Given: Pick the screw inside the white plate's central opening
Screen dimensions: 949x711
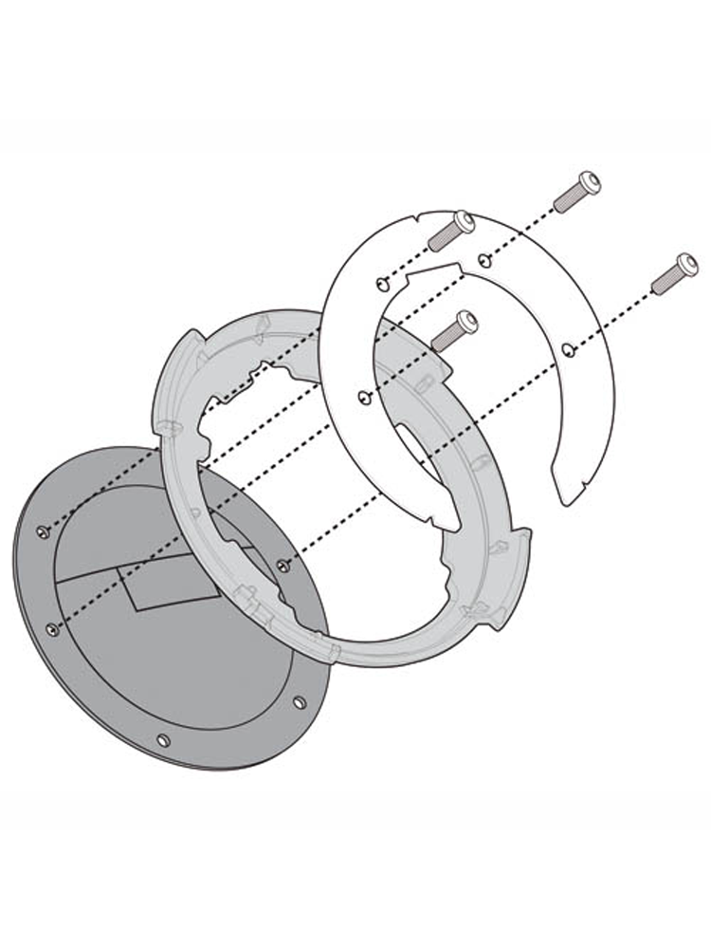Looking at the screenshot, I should [x=454, y=327].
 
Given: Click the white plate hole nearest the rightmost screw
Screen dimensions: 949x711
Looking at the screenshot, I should [x=567, y=350].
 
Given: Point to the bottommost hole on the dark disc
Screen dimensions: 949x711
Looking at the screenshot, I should [x=163, y=739].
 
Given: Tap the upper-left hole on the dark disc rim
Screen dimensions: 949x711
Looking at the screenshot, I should [x=42, y=531].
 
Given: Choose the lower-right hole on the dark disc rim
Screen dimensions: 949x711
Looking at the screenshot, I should [x=300, y=702].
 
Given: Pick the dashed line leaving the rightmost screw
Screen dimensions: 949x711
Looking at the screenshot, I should [x=616, y=313].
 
